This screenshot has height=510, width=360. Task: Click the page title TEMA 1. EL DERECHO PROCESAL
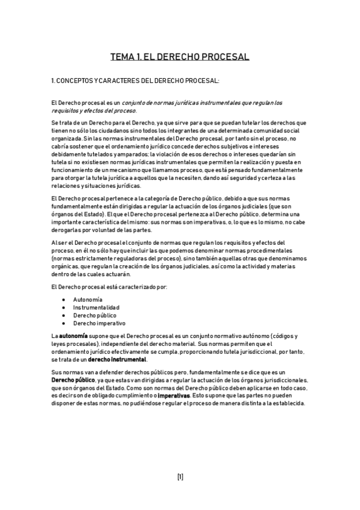pyautogui.click(x=180, y=57)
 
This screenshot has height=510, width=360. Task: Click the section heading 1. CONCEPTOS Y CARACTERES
pyautogui.click(x=135, y=80)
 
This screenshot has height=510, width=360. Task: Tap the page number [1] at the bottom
pyautogui.click(x=180, y=477)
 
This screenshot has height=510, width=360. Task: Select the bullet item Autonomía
pyautogui.click(x=88, y=300)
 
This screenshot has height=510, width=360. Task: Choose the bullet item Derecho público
pyautogui.click(x=95, y=315)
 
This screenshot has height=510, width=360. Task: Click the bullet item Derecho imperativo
pyautogui.click(x=99, y=323)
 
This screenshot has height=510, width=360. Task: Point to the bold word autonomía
pyautogui.click(x=73, y=335)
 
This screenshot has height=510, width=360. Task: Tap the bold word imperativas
pyautogui.click(x=174, y=396)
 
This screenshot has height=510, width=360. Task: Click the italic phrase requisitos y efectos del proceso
pyautogui.click(x=94, y=111)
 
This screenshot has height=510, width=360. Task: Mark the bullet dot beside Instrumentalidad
pyautogui.click(x=64, y=307)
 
